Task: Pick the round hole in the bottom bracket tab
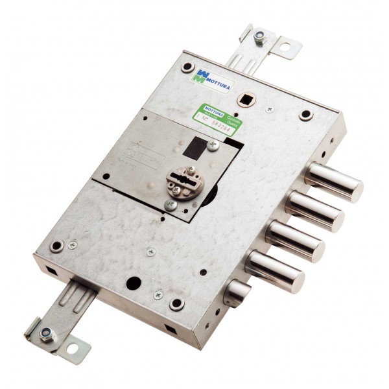(x=73, y=342)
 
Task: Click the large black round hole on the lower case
(x=133, y=283)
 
